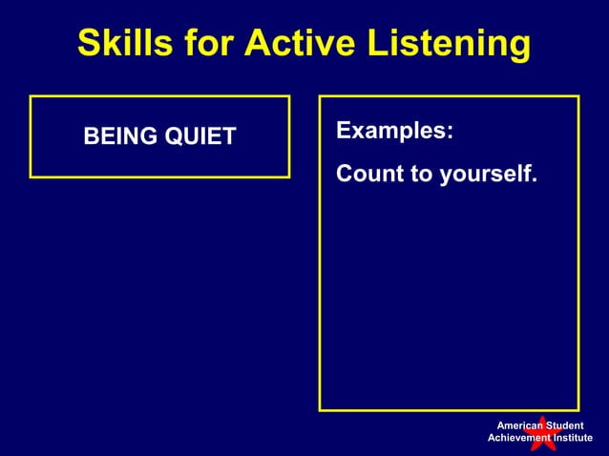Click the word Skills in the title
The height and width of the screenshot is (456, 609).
coord(118,43)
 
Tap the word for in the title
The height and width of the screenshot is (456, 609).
coord(203,43)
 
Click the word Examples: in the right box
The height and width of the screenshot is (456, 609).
coord(395,132)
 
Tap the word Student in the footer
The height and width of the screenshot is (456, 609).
coord(565,425)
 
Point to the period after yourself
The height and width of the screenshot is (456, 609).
coord(535,181)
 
